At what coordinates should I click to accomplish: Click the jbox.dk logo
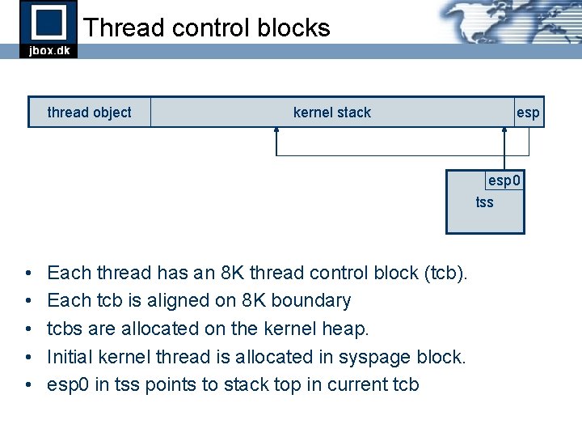click(x=48, y=28)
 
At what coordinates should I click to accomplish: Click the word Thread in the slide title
click(x=123, y=28)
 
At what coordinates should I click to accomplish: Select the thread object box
click(x=89, y=112)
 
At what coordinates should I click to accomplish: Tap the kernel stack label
click(x=331, y=112)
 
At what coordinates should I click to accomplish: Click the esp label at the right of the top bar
click(x=528, y=112)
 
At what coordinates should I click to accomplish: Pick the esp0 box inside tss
click(x=504, y=180)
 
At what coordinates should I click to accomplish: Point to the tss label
click(x=484, y=202)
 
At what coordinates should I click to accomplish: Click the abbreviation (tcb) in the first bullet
click(x=445, y=273)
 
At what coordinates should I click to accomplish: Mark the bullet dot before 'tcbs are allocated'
click(x=27, y=329)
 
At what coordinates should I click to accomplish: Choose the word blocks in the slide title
click(x=294, y=28)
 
